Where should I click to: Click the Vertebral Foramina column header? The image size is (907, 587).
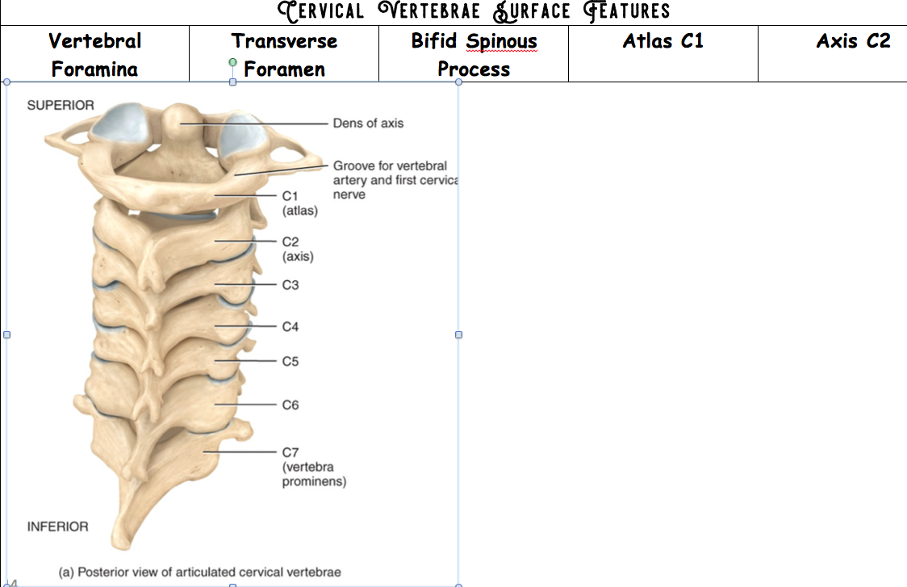click(94, 54)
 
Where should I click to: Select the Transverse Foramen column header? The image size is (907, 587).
click(284, 54)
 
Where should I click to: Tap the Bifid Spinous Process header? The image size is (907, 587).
click(474, 54)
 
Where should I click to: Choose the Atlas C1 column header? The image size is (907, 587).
click(662, 40)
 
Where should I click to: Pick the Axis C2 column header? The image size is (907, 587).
click(853, 40)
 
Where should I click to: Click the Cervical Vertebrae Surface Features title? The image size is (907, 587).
click(474, 11)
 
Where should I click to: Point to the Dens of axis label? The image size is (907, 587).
click(368, 124)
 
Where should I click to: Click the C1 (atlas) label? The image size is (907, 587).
click(299, 203)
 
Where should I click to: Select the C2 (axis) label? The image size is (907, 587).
click(298, 249)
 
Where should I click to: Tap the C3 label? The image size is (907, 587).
click(290, 285)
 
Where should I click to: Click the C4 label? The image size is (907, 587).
click(290, 327)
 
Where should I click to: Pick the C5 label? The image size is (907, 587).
click(290, 362)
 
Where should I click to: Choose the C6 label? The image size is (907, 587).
click(290, 405)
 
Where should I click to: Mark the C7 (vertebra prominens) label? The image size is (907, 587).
click(313, 467)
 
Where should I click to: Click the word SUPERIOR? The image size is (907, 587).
click(61, 105)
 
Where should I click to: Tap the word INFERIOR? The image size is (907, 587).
click(58, 526)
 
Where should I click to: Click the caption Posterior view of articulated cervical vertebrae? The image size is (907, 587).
click(200, 572)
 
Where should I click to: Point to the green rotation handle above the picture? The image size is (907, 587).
click(232, 62)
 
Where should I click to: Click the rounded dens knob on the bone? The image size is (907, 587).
click(178, 121)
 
